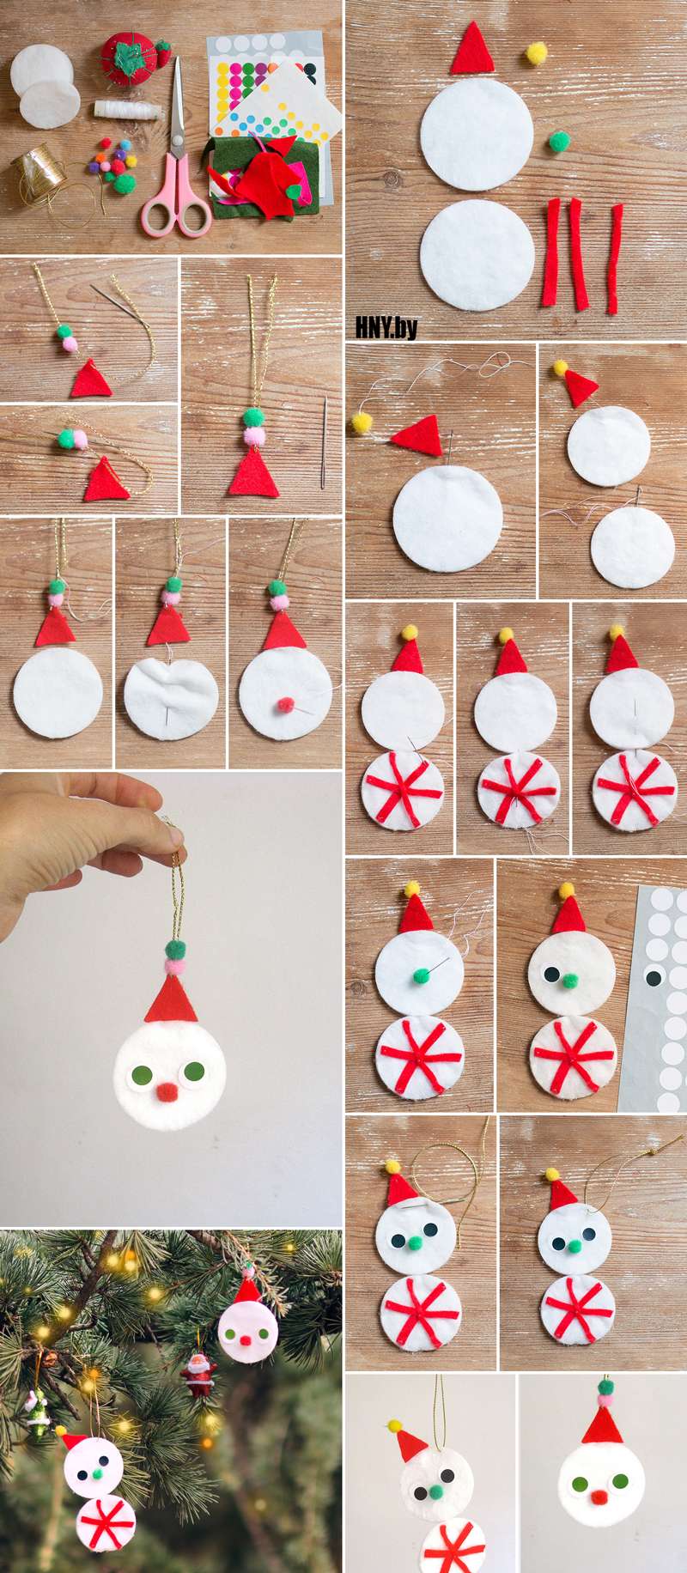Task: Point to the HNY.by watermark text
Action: (386, 326)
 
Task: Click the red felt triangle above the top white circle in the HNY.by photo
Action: (472, 50)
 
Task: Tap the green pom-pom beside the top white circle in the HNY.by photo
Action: (559, 140)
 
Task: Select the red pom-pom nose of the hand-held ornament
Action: (168, 1091)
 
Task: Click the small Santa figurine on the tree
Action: (198, 1373)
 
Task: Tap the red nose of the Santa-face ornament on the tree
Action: (247, 1339)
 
